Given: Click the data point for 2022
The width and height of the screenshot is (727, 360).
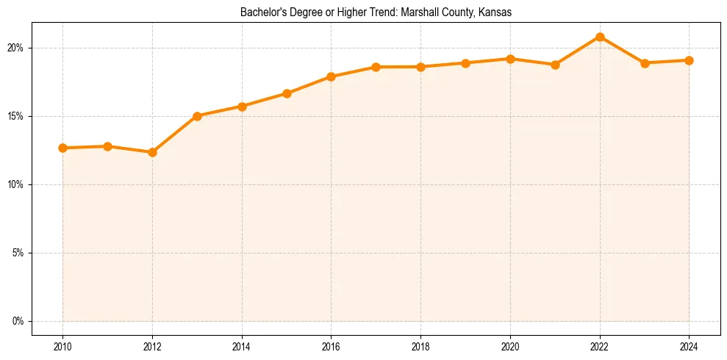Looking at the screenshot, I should point(600,37).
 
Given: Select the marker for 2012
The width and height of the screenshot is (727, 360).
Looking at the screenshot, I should point(152,152).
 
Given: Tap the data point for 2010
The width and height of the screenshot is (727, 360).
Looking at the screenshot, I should point(62,148).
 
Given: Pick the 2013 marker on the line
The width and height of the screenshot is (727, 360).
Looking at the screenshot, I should point(197,116).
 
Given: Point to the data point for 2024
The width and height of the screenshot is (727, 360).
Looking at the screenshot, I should point(690,60).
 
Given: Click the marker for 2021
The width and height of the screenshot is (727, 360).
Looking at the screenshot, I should point(555,65).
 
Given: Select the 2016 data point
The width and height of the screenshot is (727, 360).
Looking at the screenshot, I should point(332,76).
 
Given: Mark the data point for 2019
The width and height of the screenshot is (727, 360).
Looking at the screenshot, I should point(465,63).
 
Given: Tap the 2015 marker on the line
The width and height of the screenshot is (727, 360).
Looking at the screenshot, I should point(287,93).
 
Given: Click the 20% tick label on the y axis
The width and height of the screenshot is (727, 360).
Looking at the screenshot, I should point(16,48).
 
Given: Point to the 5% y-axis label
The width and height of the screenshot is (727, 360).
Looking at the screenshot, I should point(18,253).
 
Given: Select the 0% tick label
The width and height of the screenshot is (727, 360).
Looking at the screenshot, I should point(18,321).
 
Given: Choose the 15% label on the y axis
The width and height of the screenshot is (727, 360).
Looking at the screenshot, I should point(16,116).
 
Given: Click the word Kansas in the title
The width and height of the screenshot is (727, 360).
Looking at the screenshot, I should point(495,12).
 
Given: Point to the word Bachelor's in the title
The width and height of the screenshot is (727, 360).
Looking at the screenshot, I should point(262,12).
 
